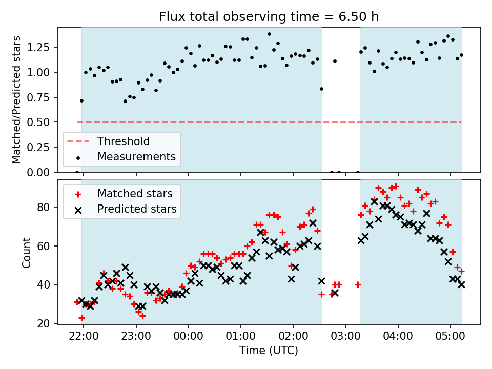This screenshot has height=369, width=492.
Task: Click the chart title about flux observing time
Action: pos(269,17)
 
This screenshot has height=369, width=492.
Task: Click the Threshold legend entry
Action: pos(124,141)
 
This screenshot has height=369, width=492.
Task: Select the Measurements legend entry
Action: pos(137,156)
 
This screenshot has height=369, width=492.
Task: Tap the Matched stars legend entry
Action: pos(135,194)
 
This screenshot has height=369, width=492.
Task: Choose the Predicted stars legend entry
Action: pos(137,209)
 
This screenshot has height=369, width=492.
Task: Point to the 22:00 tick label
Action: pos(84,338)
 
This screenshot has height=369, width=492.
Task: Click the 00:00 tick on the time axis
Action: pos(188,338)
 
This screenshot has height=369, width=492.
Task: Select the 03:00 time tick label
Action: pos(345,338)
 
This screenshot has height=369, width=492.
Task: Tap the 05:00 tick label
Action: pos(450,338)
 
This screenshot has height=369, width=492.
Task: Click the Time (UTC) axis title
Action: pos(269,351)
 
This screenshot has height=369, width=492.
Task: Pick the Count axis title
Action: pos(26,252)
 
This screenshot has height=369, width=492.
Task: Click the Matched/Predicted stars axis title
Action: pos(17,100)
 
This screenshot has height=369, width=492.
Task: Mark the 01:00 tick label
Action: pos(240,338)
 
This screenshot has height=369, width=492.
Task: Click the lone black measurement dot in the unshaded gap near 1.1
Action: pos(335,61)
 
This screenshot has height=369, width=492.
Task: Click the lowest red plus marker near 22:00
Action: pos(81,318)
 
